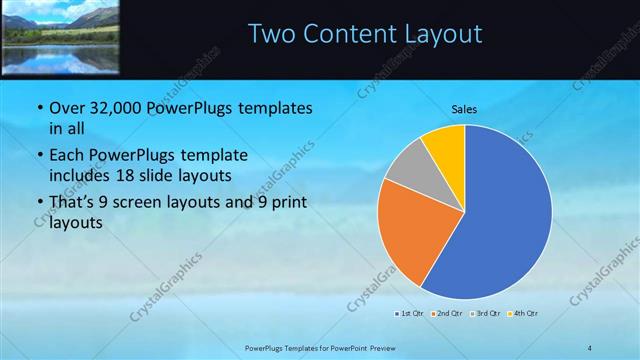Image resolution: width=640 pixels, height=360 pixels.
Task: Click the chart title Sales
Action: click(x=464, y=108)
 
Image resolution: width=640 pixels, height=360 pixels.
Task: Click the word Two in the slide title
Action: click(x=271, y=34)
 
